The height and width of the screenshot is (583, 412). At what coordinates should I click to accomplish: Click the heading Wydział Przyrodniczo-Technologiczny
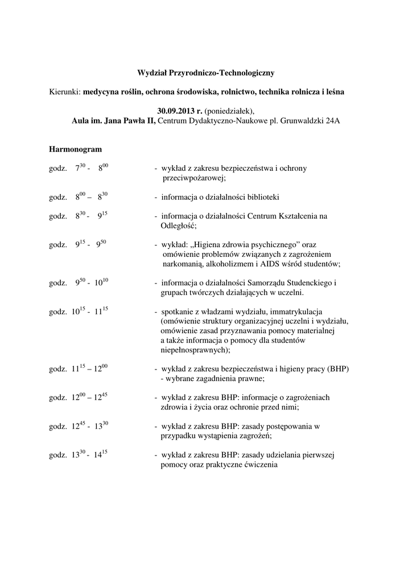coord(206,73)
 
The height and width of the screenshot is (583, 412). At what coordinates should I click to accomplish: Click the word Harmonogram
coord(75,149)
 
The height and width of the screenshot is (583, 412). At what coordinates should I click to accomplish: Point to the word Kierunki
coord(64,91)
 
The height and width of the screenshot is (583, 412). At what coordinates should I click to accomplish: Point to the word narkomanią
coord(182,264)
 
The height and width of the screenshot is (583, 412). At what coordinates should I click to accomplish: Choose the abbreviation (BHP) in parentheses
coord(336,369)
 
